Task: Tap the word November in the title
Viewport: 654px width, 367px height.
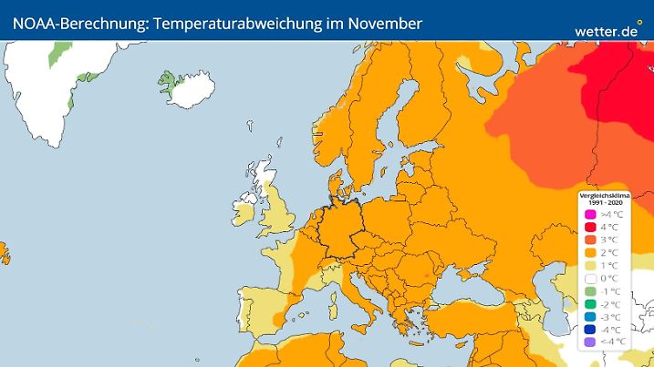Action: point(380,23)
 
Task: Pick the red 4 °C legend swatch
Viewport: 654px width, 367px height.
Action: point(590,227)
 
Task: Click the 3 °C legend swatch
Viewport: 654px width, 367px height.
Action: point(590,240)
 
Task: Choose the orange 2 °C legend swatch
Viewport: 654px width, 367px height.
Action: point(590,252)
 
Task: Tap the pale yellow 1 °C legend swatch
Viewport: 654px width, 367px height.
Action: point(590,265)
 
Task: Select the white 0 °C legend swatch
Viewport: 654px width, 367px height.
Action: point(590,278)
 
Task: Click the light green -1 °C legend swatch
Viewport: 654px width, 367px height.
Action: point(590,291)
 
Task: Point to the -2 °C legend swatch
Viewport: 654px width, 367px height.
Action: point(590,303)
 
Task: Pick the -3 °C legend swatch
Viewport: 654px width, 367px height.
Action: point(590,316)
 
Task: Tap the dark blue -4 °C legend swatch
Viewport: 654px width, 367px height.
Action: point(590,329)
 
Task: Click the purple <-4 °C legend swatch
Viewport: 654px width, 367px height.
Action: point(590,342)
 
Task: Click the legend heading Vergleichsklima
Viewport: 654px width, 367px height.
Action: point(606,195)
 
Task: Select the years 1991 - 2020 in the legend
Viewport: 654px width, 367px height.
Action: point(606,201)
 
